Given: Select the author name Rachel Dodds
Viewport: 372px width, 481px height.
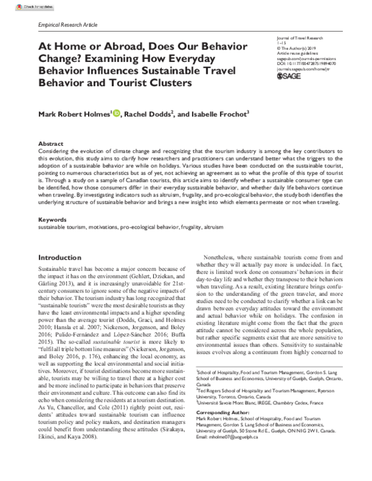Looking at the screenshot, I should pyautogui.click(x=156, y=113).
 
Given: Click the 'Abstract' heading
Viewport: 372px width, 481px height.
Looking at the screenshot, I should pyautogui.click(x=51, y=142).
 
